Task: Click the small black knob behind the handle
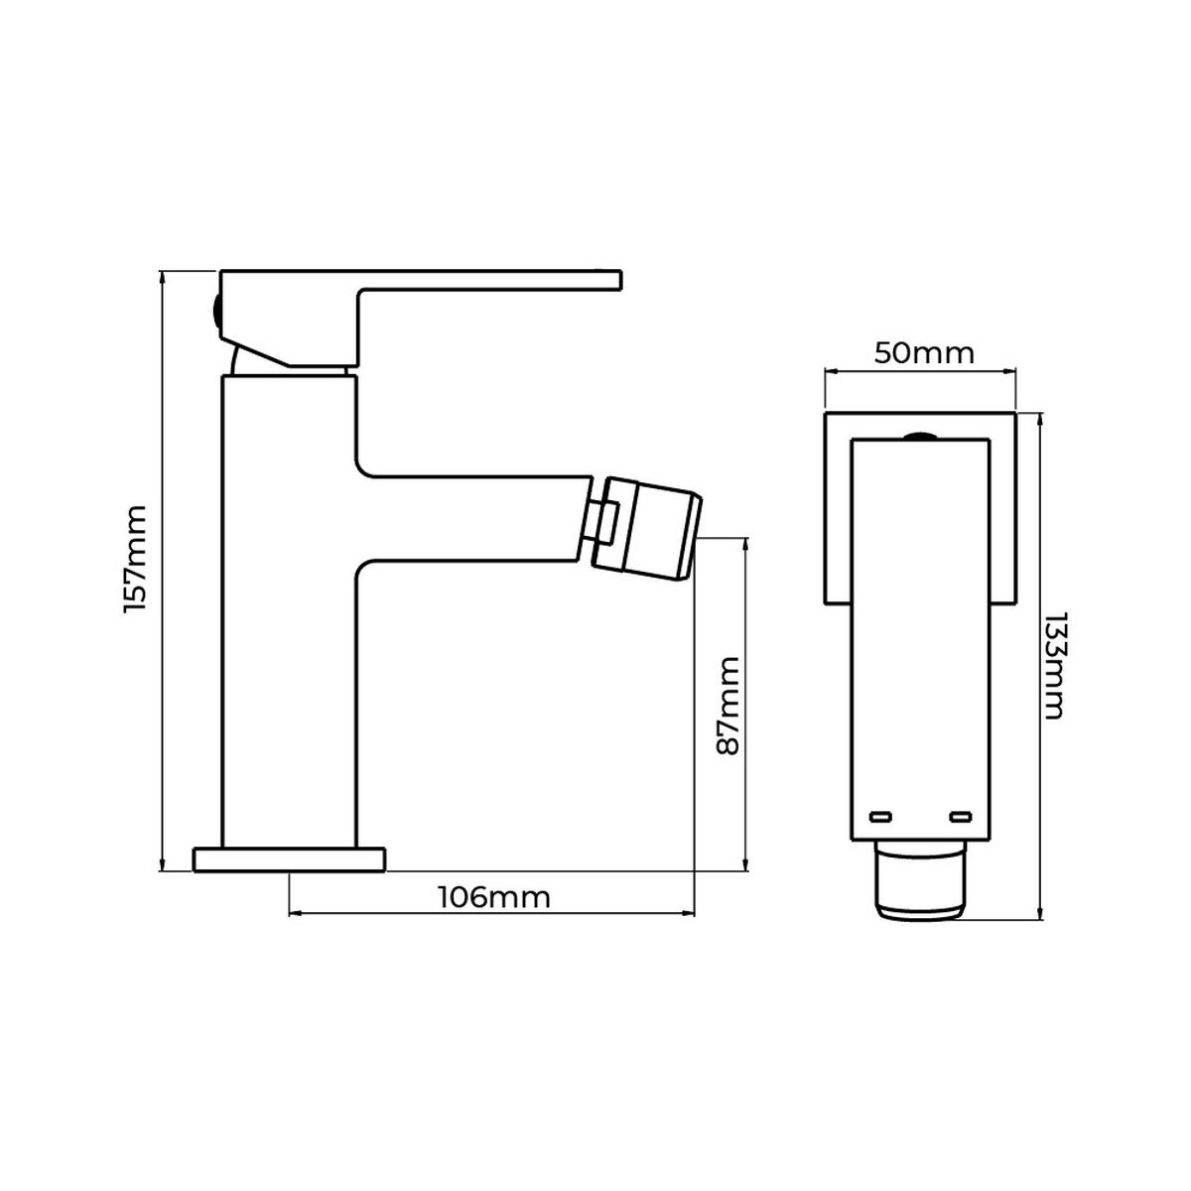pos(215,313)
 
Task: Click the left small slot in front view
pos(880,817)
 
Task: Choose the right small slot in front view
pos(960,817)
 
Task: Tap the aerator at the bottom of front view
pos(921,878)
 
